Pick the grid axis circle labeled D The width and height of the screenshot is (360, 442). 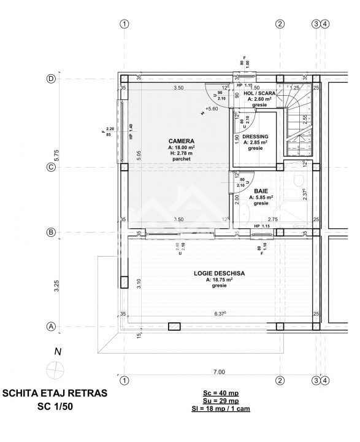pyautogui.click(x=52, y=79)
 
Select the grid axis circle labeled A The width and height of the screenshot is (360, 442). pyautogui.click(x=52, y=327)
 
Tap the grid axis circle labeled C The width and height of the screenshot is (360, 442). pyautogui.click(x=52, y=166)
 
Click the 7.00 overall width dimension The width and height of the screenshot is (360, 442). pyautogui.click(x=219, y=371)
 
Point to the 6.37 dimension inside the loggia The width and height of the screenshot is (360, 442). pyautogui.click(x=220, y=314)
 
